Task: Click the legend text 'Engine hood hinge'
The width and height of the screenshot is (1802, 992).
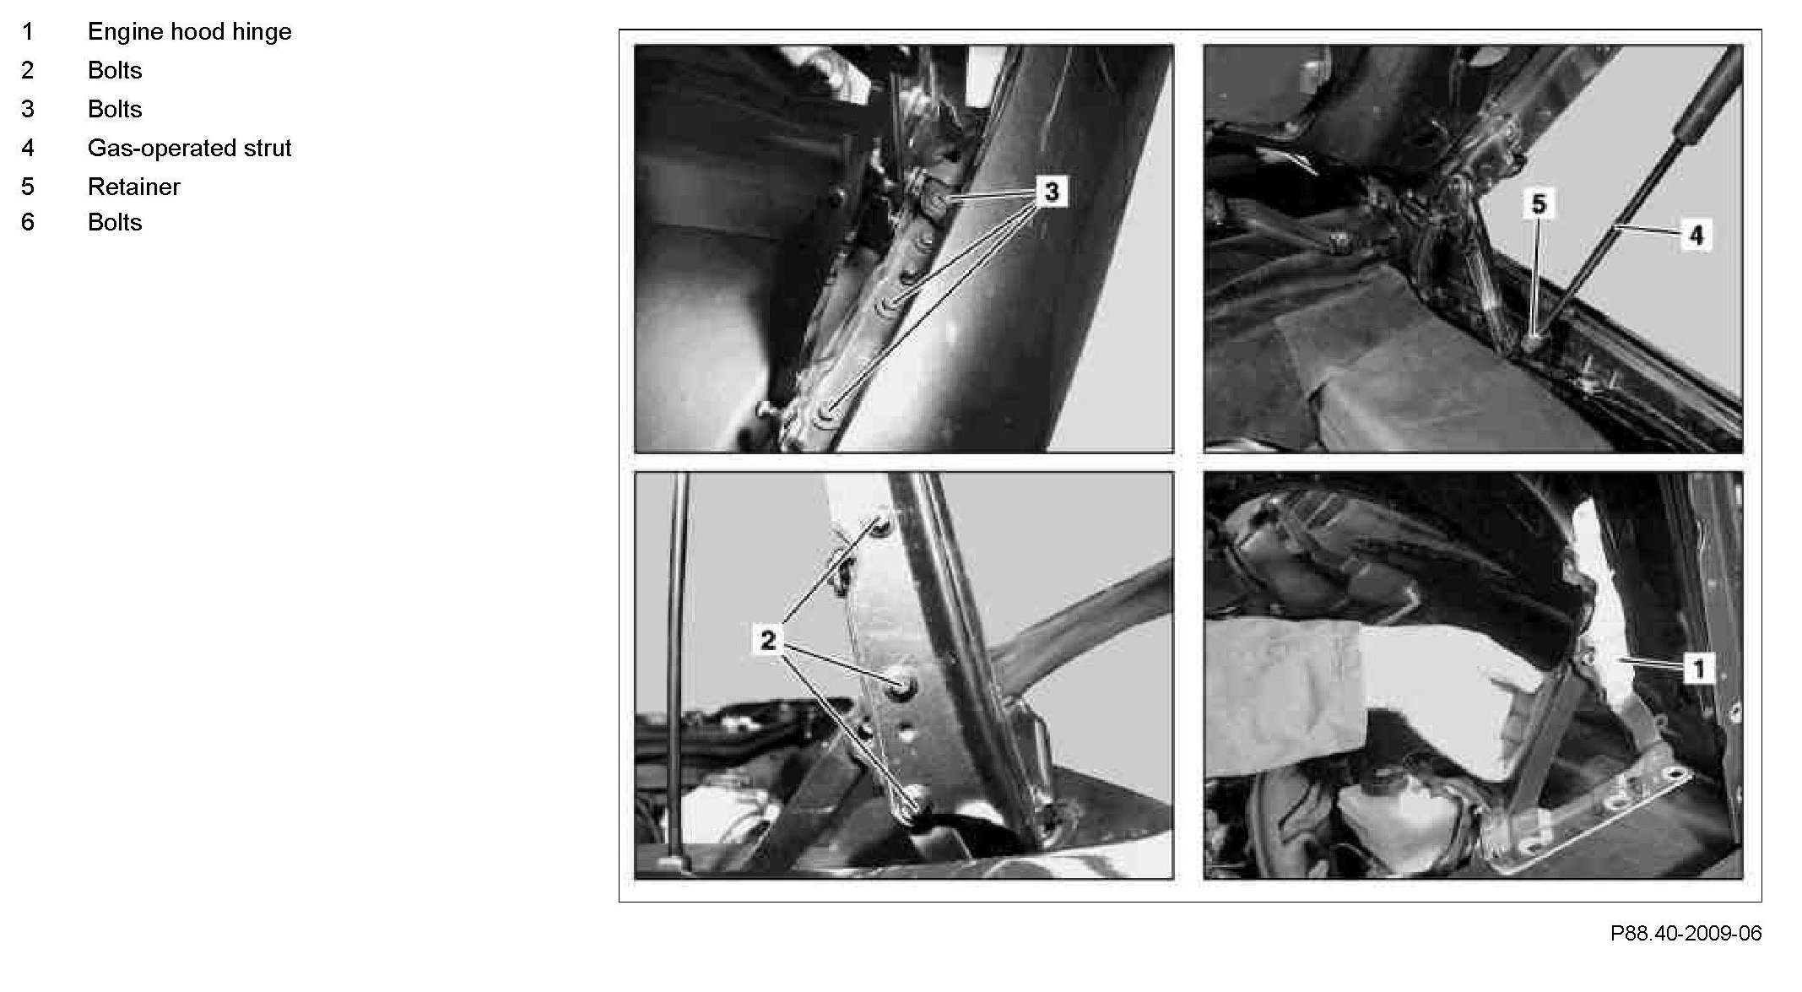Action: [190, 32]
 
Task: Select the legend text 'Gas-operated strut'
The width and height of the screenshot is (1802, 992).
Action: [190, 148]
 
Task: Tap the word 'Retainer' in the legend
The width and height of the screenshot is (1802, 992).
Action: [134, 187]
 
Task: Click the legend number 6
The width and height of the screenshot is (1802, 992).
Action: [28, 222]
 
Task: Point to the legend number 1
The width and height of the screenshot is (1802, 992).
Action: [28, 32]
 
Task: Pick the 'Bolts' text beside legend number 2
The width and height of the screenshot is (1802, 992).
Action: [115, 70]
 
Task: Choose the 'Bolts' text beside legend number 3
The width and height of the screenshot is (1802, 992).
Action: [115, 109]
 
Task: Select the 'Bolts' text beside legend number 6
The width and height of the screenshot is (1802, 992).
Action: [115, 222]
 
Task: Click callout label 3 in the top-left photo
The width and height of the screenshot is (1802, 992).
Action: [1052, 192]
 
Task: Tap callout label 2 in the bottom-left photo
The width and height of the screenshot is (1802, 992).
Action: [767, 640]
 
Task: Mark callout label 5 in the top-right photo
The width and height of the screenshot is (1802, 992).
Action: [1539, 204]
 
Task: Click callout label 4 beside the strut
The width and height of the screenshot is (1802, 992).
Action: [1696, 235]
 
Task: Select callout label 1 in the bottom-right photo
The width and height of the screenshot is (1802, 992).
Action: [1699, 669]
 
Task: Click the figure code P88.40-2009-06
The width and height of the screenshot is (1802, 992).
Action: [1686, 933]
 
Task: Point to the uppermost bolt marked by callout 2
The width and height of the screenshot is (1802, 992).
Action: [880, 524]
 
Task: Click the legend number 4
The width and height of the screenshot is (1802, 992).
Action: [28, 148]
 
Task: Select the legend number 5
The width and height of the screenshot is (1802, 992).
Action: [28, 187]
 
